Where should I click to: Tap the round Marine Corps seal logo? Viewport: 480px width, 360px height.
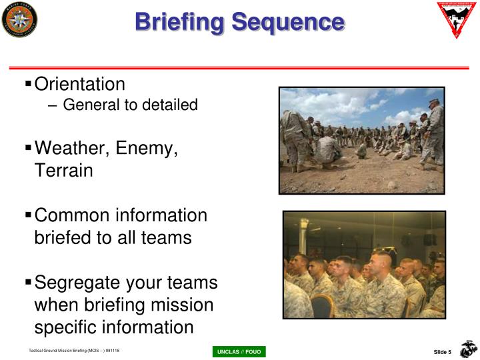tap(19, 19)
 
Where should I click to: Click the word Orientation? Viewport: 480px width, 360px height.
tap(79, 84)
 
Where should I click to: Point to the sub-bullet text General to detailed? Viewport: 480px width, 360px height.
tap(131, 105)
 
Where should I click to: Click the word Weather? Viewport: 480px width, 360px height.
tap(73, 147)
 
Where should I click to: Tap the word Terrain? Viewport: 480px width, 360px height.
tap(63, 170)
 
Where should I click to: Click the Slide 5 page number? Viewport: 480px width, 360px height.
tap(443, 352)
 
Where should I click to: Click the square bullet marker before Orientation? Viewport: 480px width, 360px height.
tap(28, 84)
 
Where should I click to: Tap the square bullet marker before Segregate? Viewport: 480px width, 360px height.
tap(28, 283)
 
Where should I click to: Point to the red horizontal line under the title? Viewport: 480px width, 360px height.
tap(240, 67)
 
